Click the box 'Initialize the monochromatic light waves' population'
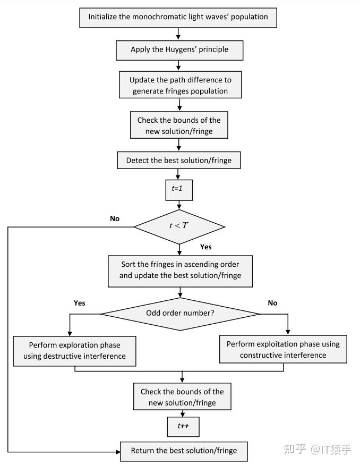pyautogui.click(x=178, y=16)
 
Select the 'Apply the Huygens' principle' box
pyautogui.click(x=179, y=49)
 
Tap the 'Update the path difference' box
pyautogui.click(x=179, y=86)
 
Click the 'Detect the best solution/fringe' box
pyautogui.click(x=179, y=160)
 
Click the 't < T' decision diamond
pyautogui.click(x=179, y=226)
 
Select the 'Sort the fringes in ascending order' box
pyautogui.click(x=179, y=270)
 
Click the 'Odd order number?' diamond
pyautogui.click(x=180, y=313)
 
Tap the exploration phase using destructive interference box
pyautogui.click(x=74, y=351)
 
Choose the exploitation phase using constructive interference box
pyautogui.click(x=282, y=350)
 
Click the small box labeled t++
pyautogui.click(x=182, y=426)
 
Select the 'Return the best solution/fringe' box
pyautogui.click(x=184, y=451)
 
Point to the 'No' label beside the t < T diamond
pyautogui.click(x=115, y=218)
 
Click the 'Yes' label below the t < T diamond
pyautogui.click(x=206, y=247)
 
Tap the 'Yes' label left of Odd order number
pyautogui.click(x=79, y=303)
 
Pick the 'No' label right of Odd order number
pyautogui.click(x=272, y=303)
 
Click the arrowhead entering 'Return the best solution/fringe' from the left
pyautogui.click(x=117, y=451)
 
